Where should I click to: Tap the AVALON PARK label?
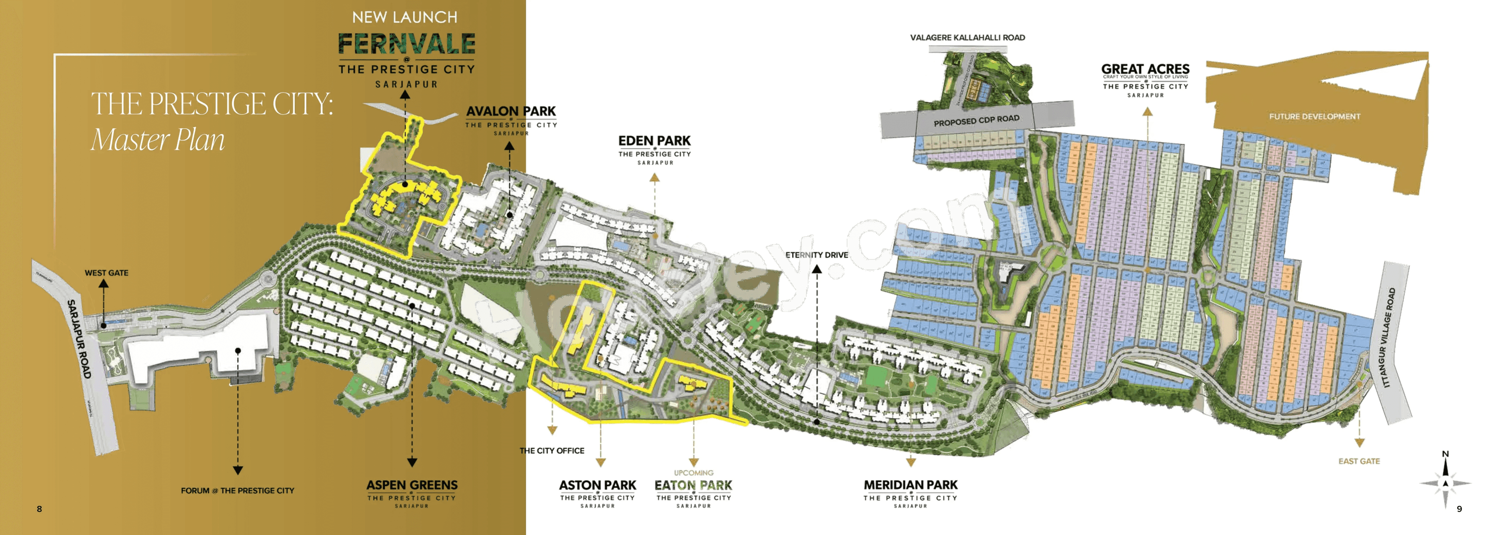point(511,111)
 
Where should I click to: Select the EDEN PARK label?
point(654,141)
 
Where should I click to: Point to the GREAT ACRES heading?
point(1145,69)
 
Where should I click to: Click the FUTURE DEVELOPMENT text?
point(1314,116)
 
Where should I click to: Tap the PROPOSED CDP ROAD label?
point(976,120)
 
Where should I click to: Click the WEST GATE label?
point(107,273)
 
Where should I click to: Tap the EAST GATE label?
point(1359,461)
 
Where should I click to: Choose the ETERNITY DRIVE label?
point(816,255)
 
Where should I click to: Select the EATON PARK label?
point(693,485)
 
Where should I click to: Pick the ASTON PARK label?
point(598,485)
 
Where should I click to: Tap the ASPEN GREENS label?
point(412,485)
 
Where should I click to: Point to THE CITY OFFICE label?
point(552,451)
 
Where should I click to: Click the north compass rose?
point(1446,483)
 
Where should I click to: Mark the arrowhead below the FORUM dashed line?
point(237,470)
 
